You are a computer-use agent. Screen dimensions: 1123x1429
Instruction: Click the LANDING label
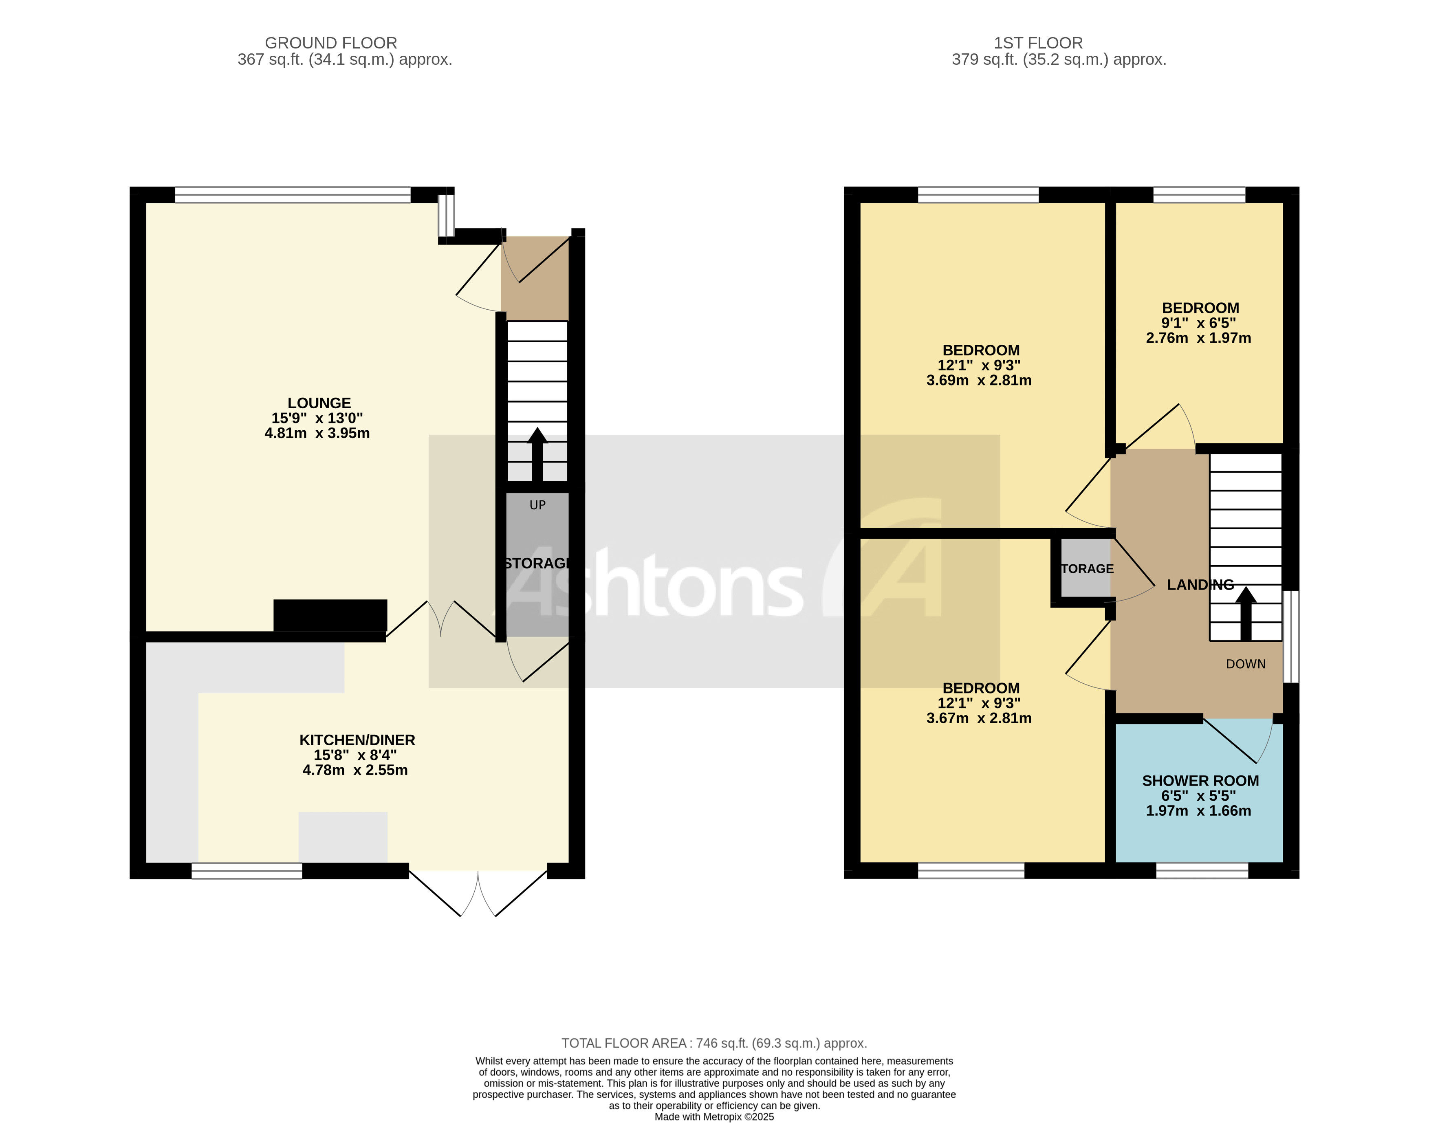1200,584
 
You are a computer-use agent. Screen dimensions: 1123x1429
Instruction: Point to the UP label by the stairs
537,505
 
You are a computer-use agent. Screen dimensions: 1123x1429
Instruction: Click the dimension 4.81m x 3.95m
317,433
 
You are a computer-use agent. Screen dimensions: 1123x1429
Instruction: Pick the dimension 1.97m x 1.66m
1198,811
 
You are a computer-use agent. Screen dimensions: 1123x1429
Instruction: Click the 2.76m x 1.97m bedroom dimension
1198,338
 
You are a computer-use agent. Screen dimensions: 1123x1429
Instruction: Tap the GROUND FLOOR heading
330,43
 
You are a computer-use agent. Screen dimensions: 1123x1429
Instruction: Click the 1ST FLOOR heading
1038,43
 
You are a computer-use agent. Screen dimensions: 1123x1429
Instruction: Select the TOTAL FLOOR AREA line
714,1043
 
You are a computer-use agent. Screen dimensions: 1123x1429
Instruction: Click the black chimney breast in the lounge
330,615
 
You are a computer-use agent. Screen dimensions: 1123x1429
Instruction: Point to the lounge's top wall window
293,195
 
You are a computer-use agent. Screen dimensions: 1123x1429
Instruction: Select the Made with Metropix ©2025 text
714,1116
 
